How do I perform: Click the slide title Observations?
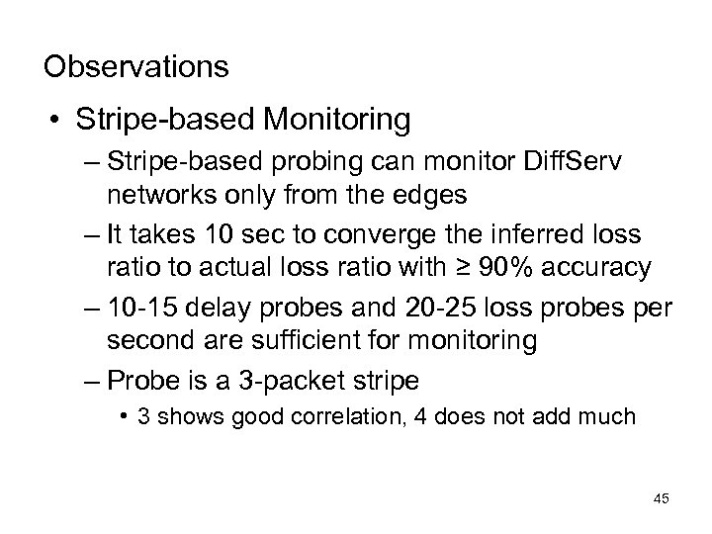[x=136, y=67]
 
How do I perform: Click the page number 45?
[x=661, y=498]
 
